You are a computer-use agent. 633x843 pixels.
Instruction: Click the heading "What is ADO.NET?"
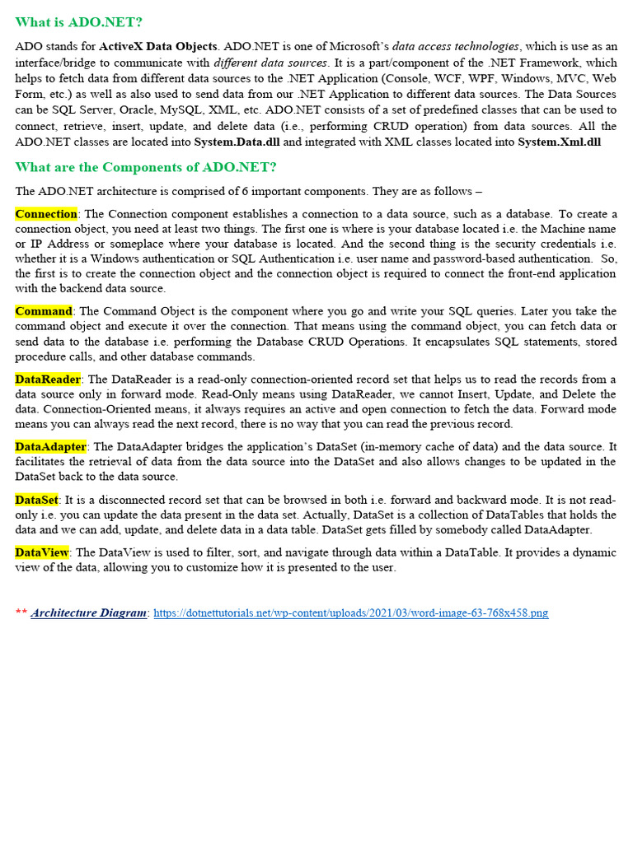[x=79, y=22]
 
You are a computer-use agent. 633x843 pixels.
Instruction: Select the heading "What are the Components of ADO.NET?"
[x=146, y=167]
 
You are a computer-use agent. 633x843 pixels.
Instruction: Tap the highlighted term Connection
[x=46, y=214]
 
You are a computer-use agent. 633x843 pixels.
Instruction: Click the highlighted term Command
[x=44, y=311]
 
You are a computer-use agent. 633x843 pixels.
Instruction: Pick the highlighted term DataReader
[x=48, y=380]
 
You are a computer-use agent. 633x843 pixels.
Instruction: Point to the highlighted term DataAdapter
[x=50, y=447]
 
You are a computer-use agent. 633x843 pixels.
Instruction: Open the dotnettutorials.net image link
[x=351, y=613]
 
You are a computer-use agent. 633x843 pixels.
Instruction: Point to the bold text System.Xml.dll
[x=560, y=142]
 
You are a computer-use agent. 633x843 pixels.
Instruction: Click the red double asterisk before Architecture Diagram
[x=21, y=613]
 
